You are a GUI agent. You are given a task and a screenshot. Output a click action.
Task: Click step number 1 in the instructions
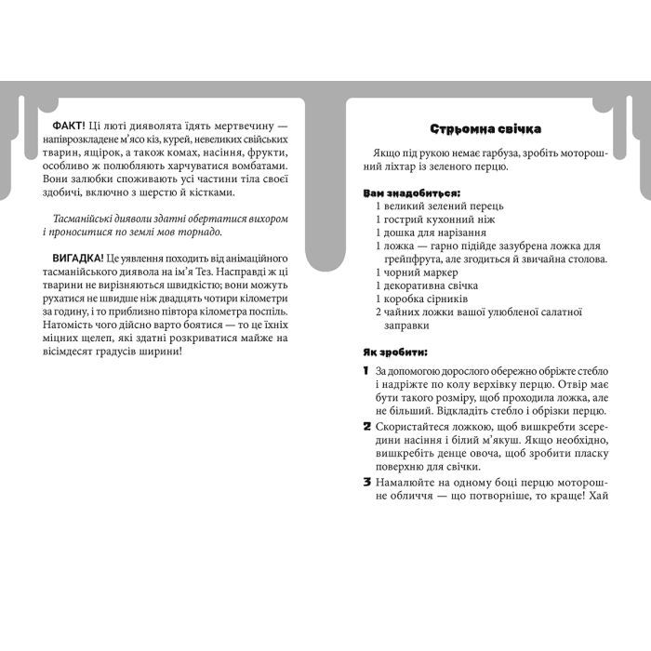coord(366,371)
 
